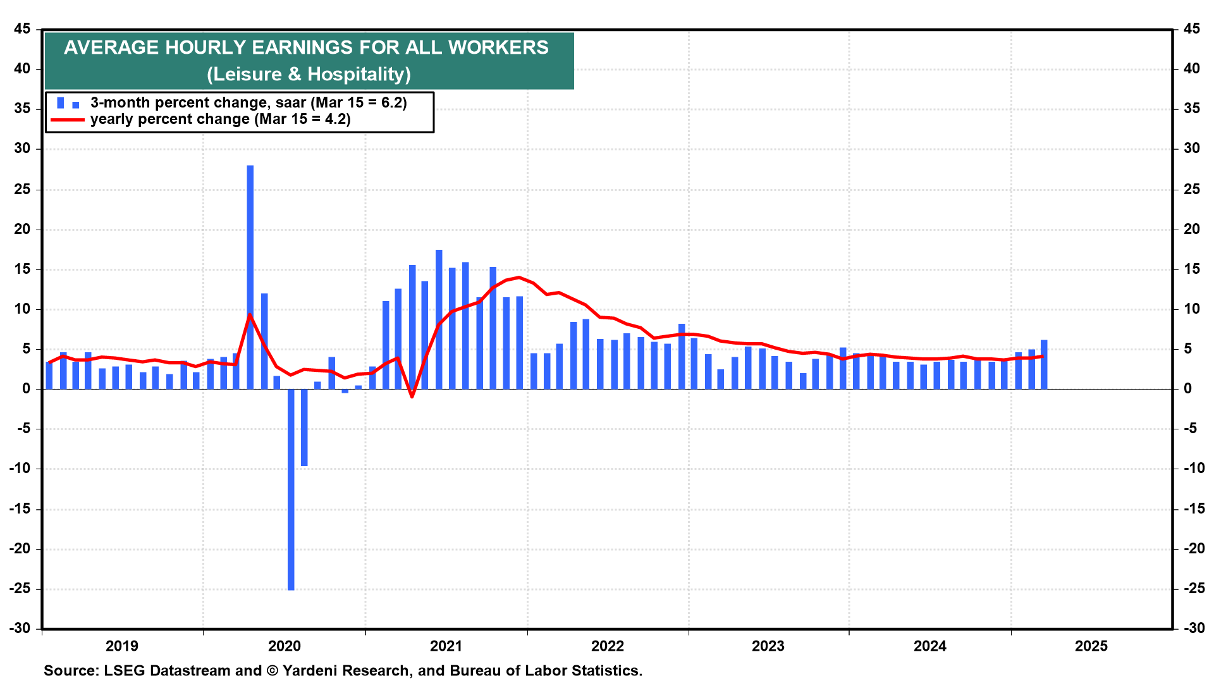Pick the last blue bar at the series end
click(x=1044, y=364)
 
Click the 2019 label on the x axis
click(x=122, y=646)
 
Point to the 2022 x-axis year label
click(x=607, y=646)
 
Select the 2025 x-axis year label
click(x=1091, y=646)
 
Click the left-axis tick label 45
click(x=22, y=29)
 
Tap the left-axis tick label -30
click(x=20, y=628)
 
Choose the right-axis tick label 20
click(x=1191, y=229)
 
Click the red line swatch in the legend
click(x=67, y=120)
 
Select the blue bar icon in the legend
click(x=67, y=103)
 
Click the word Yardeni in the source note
click(x=309, y=670)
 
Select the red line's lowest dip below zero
click(x=412, y=397)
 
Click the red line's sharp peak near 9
click(x=249, y=314)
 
